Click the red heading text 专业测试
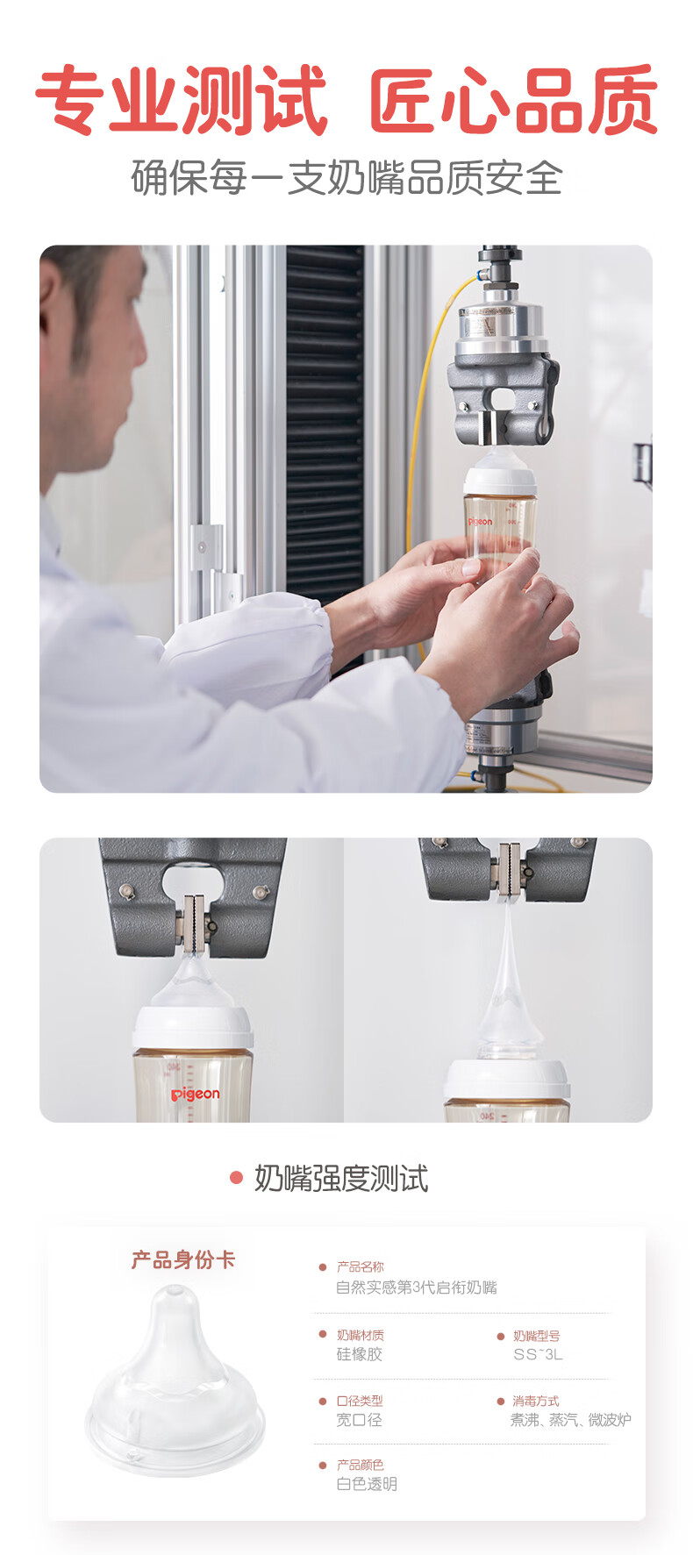(x=182, y=100)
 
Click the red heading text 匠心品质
(x=513, y=100)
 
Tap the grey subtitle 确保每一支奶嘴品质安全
(x=346, y=178)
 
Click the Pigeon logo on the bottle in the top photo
(x=480, y=522)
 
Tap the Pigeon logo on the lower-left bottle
(x=195, y=1094)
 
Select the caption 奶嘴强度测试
(x=341, y=1179)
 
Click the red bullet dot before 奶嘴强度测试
(x=235, y=1178)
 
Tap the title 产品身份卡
(x=183, y=1260)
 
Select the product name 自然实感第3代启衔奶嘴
(x=417, y=1288)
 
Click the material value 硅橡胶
(x=360, y=1354)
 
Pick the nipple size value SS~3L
(x=538, y=1354)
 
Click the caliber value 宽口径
(x=360, y=1419)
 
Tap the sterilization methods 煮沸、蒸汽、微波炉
(x=570, y=1419)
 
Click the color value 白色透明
(x=367, y=1484)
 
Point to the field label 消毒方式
(x=535, y=1401)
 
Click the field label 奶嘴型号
(x=536, y=1336)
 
